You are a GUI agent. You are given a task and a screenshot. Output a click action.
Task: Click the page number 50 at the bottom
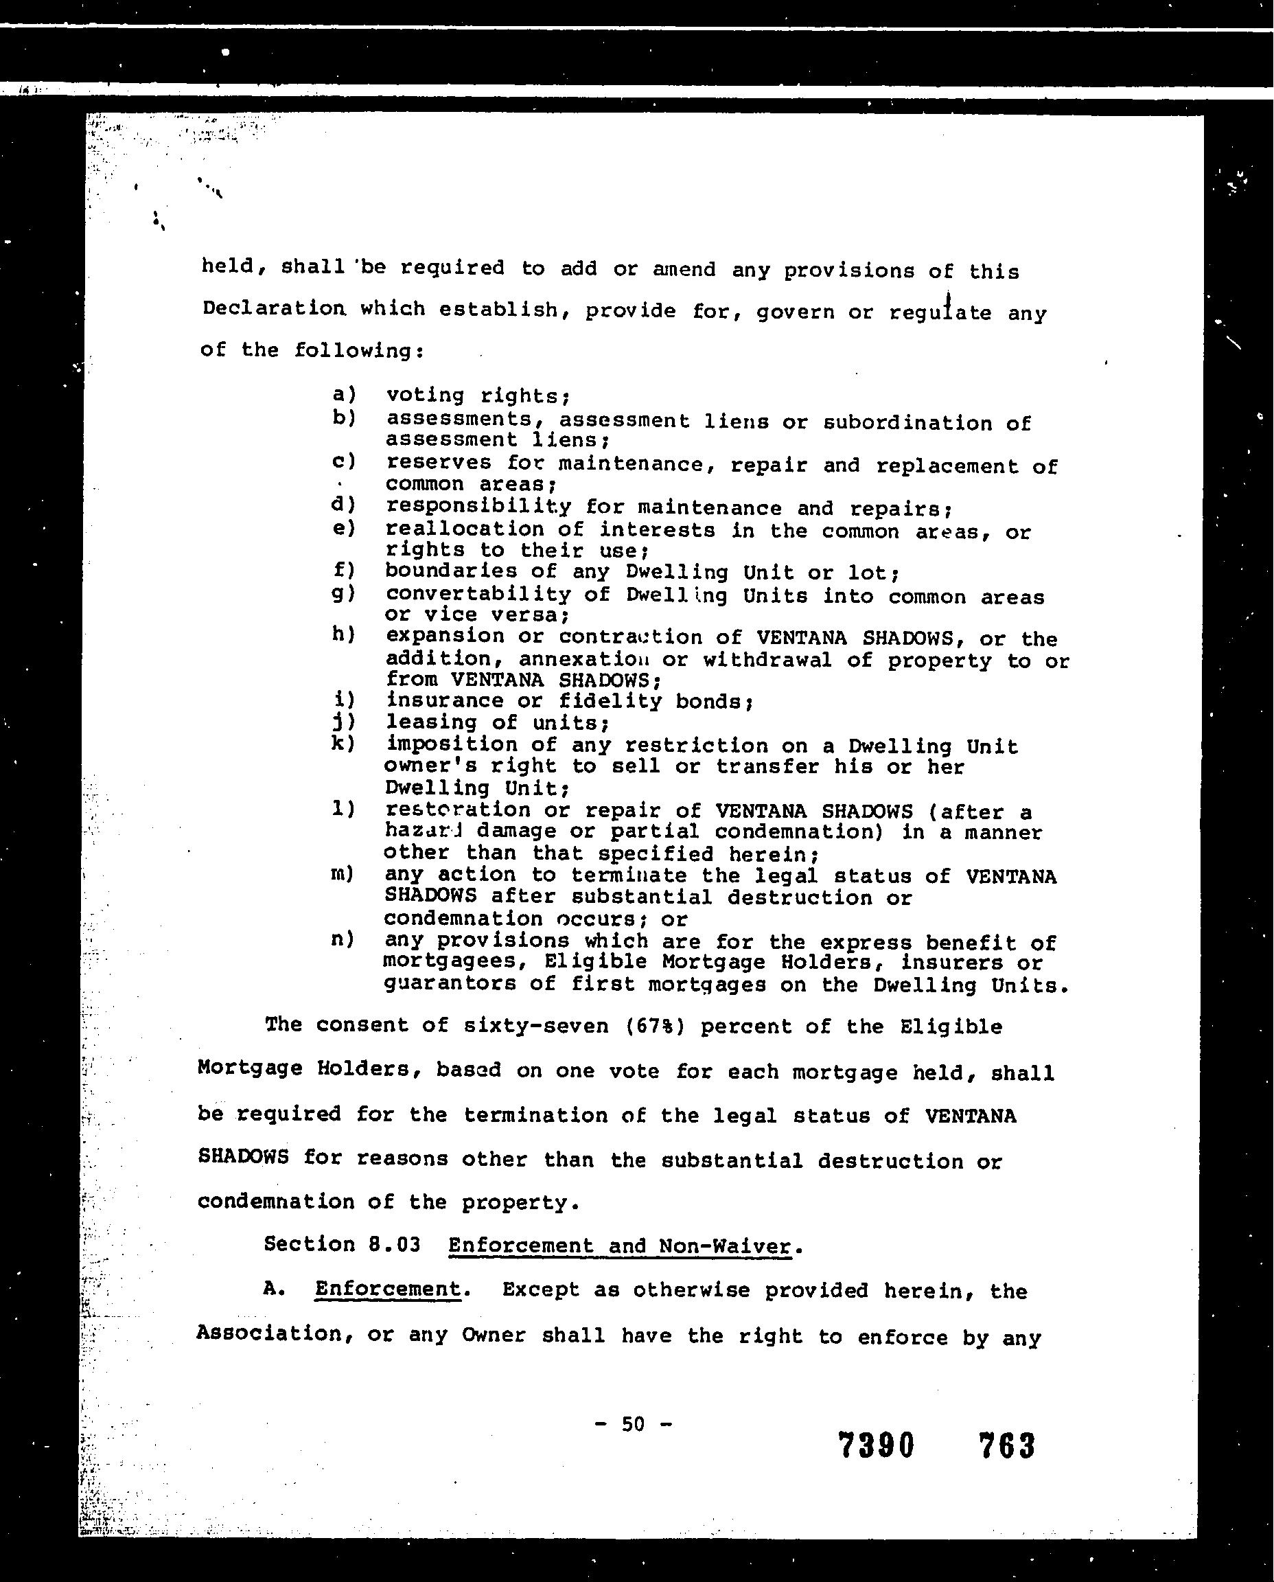coord(633,1424)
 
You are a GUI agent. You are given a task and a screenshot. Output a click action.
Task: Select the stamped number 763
coord(1006,1446)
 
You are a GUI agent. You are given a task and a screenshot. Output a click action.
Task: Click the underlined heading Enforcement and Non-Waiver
coord(620,1246)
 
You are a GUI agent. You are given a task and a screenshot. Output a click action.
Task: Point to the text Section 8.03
coord(342,1244)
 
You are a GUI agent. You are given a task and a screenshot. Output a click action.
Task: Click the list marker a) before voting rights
coord(343,394)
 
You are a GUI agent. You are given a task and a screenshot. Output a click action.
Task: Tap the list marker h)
coord(343,635)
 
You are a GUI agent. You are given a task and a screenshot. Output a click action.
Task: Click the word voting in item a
coord(425,395)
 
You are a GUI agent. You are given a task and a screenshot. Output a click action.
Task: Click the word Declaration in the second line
coord(273,308)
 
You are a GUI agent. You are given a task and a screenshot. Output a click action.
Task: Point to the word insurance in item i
coord(444,700)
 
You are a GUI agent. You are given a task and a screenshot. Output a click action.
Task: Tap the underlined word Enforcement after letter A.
coord(387,1289)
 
